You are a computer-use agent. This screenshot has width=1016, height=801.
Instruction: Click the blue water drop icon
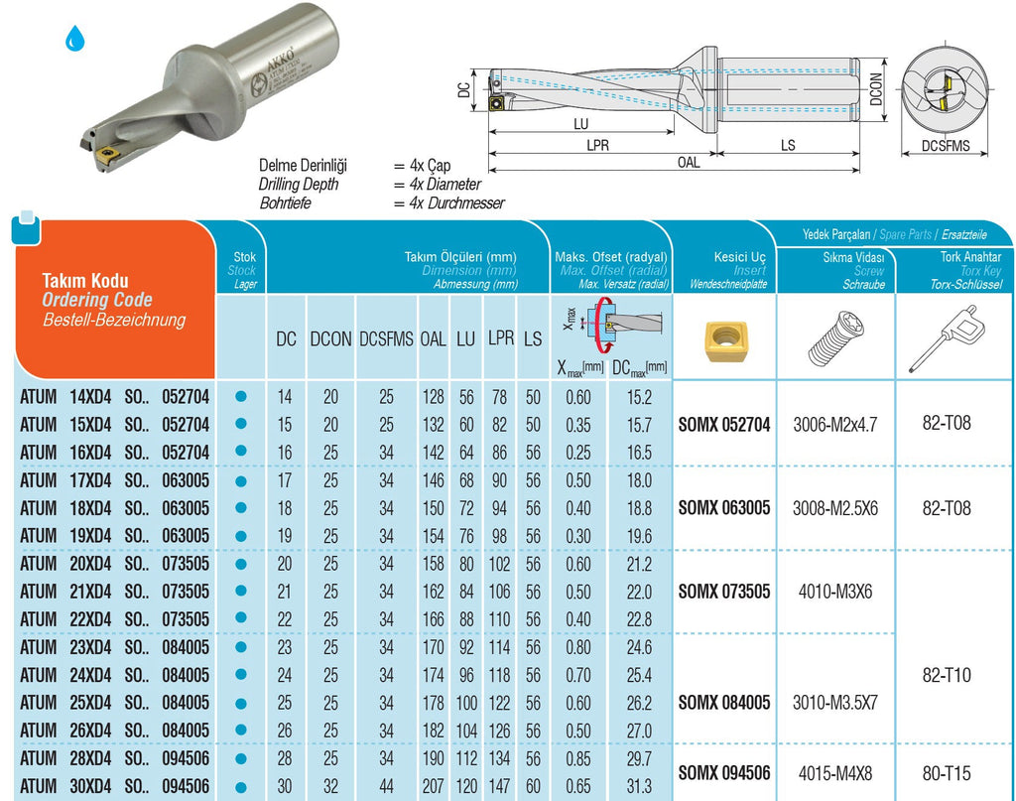point(75,39)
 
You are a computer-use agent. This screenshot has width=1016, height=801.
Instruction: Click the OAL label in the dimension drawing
point(689,162)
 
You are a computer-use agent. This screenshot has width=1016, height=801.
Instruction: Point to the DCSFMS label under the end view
point(946,146)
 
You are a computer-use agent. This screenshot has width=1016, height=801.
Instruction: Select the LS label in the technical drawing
point(787,145)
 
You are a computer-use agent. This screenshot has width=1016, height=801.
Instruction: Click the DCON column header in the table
point(330,338)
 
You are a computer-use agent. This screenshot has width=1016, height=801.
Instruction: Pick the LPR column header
point(500,338)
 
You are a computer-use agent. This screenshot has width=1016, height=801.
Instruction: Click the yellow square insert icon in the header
point(725,340)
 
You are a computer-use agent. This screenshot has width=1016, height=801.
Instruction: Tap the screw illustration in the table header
point(835,338)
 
